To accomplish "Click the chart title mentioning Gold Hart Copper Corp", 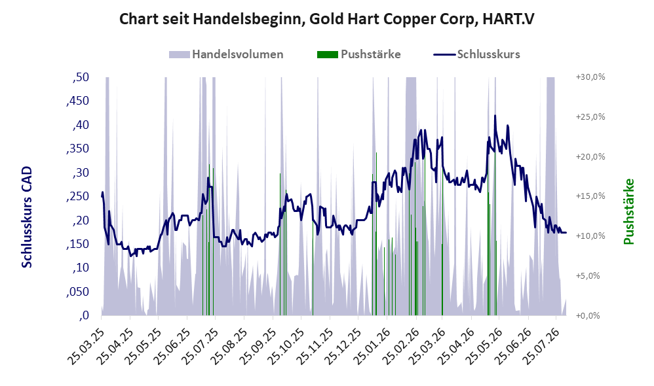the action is click(x=326, y=19).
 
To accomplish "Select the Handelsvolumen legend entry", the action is click(x=226, y=54).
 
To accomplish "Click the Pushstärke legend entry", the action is click(x=359, y=54).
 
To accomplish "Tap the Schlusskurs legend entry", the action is click(x=476, y=54).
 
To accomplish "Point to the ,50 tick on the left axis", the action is click(x=81, y=77).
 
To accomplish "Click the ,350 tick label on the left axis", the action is click(x=77, y=149).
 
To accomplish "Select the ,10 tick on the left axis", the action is click(x=81, y=268).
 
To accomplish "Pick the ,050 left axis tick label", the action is click(x=77, y=292).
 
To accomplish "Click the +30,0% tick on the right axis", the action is click(x=590, y=77).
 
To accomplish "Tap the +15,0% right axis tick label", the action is click(x=590, y=196).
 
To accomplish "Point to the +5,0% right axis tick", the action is click(x=588, y=275).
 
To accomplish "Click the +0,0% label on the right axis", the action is click(x=588, y=315).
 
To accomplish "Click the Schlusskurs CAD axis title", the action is click(x=27, y=217).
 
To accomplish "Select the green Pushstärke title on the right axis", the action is click(x=628, y=211).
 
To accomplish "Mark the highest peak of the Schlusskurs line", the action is click(x=495, y=116).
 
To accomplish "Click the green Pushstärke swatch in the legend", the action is click(x=328, y=54).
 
